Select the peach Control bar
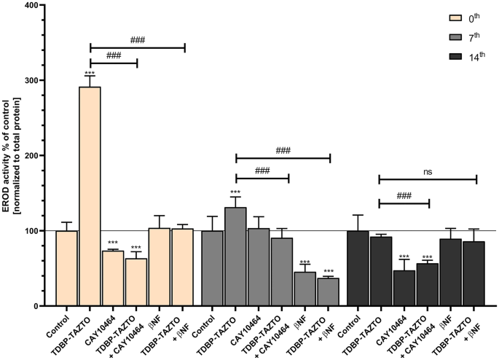point(67,268)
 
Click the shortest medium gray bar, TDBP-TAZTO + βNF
point(329,291)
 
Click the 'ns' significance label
point(428,172)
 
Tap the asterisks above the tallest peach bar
point(90,74)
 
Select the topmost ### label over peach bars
point(137,40)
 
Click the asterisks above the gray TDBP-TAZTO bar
point(236,193)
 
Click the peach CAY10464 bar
point(114,278)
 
